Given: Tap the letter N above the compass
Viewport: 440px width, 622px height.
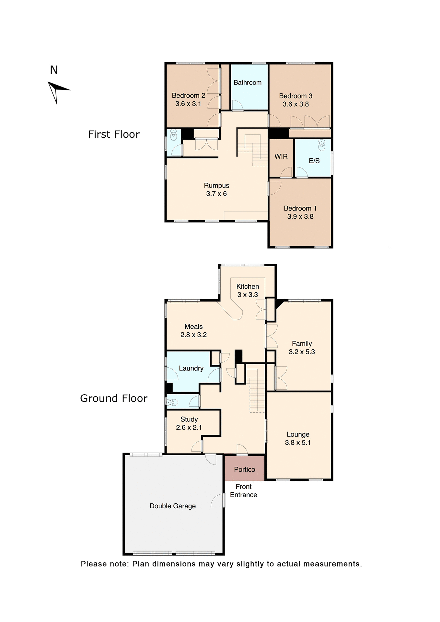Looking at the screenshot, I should (54, 70).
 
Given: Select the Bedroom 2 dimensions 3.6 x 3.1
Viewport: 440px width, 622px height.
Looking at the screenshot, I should (188, 104).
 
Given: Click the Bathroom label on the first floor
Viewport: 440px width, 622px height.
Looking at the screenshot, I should (248, 83).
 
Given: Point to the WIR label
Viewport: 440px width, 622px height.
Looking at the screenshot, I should (281, 156).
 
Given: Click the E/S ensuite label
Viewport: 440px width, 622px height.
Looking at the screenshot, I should (314, 161).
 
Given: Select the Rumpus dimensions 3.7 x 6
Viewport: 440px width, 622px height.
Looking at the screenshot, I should (216, 194).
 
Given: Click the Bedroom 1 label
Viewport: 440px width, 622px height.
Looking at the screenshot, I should (300, 208).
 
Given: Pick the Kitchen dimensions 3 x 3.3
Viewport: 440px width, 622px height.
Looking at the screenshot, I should (248, 294).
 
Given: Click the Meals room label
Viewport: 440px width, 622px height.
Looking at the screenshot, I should (193, 327).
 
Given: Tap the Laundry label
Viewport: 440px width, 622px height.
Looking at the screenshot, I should (191, 368).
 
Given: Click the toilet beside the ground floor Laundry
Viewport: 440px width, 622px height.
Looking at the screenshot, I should (172, 402).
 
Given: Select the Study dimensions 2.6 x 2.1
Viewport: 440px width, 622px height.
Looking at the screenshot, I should (189, 427).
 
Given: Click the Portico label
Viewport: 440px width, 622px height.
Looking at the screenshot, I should (245, 469).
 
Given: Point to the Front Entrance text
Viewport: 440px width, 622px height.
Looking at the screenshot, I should (244, 490).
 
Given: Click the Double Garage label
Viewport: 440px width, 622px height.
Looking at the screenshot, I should (172, 506).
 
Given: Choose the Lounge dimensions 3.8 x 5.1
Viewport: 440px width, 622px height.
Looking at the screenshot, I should (298, 443).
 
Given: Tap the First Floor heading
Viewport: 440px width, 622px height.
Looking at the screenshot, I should (114, 134).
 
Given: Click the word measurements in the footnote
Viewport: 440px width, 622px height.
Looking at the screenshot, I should (332, 564).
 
